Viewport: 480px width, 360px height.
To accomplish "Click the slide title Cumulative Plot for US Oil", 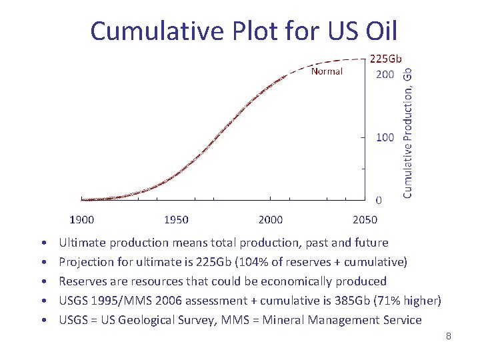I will click(x=243, y=31).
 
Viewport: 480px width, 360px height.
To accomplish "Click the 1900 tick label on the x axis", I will click(x=82, y=219).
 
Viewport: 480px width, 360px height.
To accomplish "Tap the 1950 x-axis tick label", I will click(x=176, y=219).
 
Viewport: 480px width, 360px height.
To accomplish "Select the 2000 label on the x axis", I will click(x=270, y=219).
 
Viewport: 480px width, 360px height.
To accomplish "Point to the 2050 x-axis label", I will click(x=365, y=219).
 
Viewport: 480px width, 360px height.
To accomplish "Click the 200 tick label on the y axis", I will click(x=385, y=74).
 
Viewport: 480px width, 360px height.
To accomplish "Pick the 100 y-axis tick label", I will click(x=385, y=137).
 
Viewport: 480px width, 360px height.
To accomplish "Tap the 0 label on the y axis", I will click(x=379, y=199).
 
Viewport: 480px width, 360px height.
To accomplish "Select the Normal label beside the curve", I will click(x=327, y=71).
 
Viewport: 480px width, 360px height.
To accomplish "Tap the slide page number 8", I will click(x=449, y=336).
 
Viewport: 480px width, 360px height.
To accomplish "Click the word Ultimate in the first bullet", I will click(x=82, y=243).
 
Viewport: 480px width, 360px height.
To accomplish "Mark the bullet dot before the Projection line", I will click(x=43, y=263).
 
